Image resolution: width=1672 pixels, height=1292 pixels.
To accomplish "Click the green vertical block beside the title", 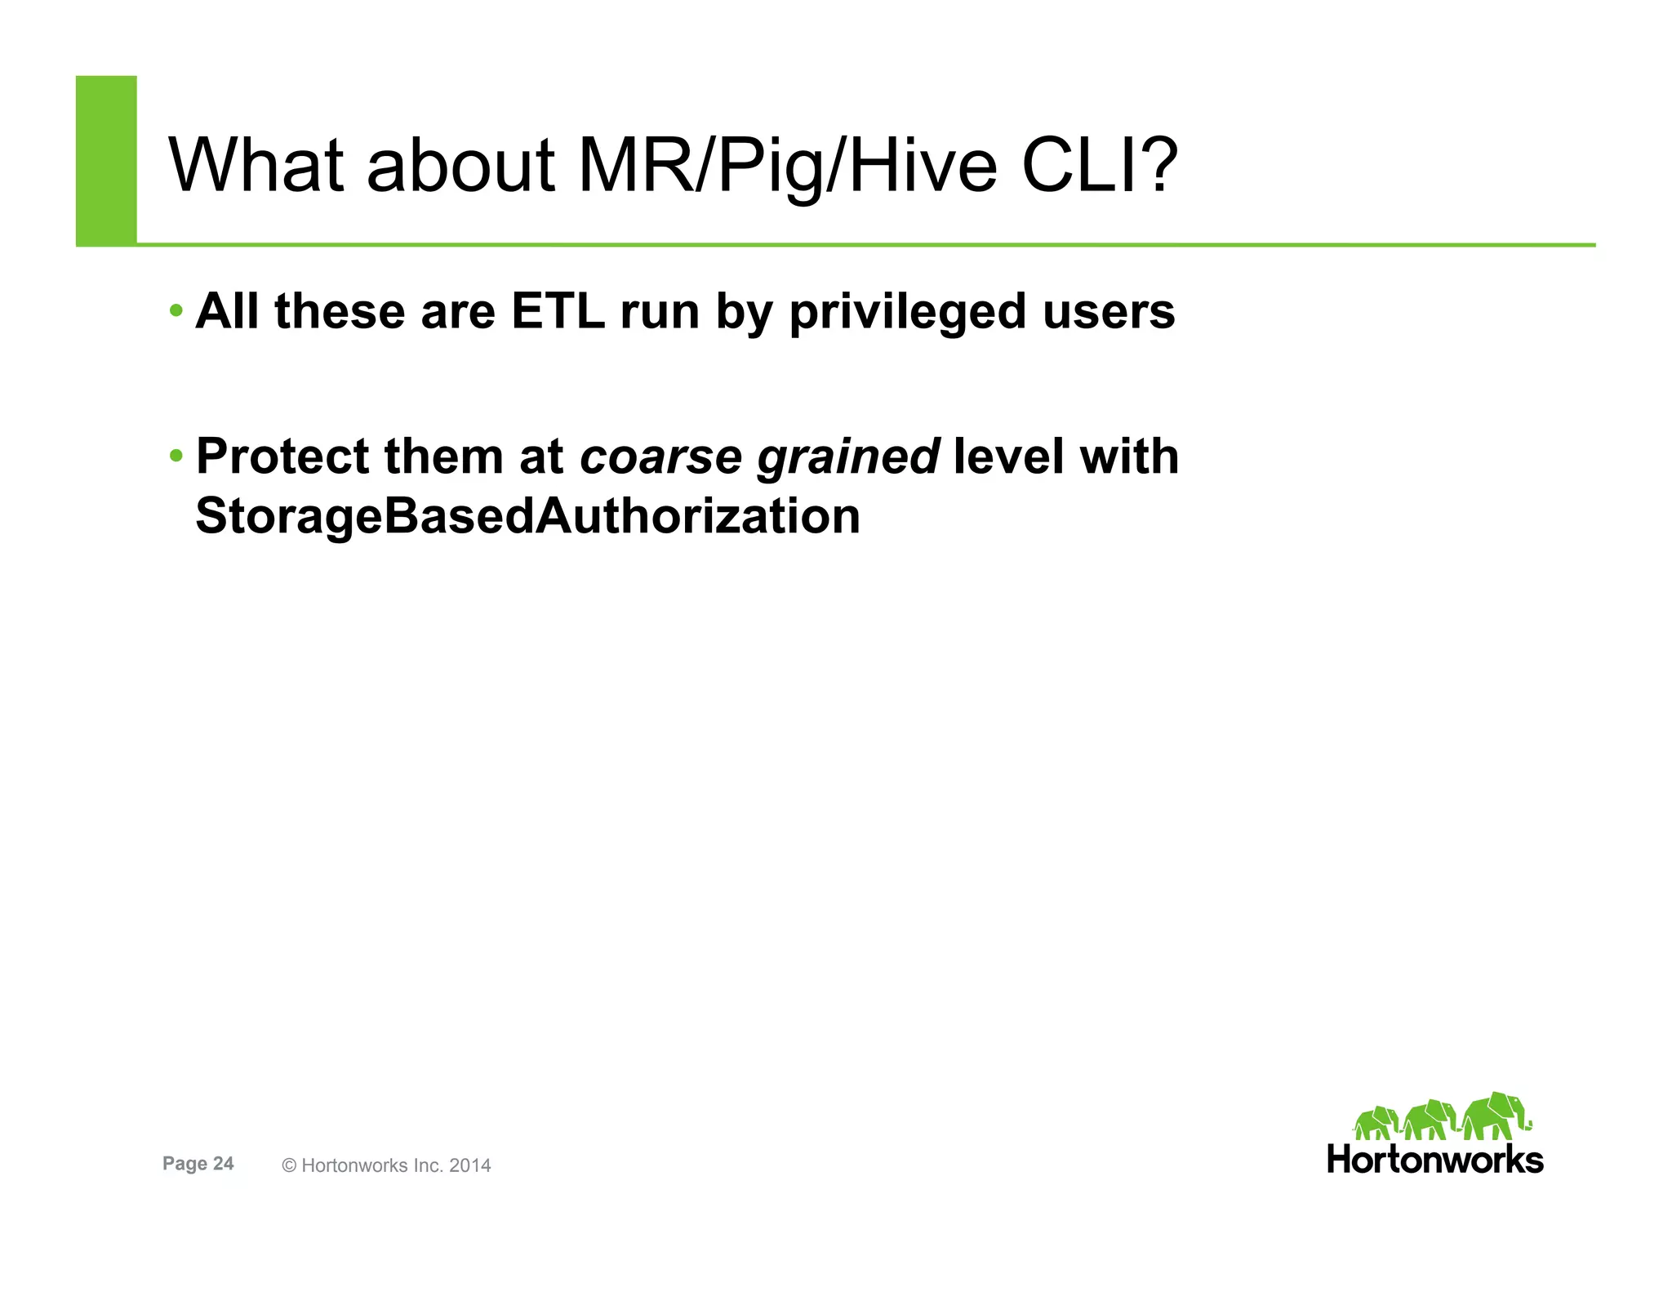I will click(x=106, y=160).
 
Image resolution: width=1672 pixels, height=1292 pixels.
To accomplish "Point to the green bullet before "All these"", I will click(x=176, y=311).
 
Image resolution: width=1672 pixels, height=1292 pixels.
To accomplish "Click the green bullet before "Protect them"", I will click(x=176, y=455).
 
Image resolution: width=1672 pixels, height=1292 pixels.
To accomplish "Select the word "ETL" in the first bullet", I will click(x=558, y=311).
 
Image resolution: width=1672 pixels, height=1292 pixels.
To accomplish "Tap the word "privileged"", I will click(x=907, y=313).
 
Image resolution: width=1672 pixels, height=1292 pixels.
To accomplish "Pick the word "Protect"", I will click(x=282, y=456).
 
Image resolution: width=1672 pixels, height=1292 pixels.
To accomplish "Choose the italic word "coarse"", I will click(x=660, y=456).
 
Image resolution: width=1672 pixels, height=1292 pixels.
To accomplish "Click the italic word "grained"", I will click(x=848, y=457).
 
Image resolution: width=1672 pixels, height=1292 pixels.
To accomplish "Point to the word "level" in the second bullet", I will click(x=1009, y=456).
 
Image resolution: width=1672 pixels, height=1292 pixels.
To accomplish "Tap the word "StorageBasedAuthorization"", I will click(x=528, y=516).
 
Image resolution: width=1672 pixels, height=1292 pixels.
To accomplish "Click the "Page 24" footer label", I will click(x=198, y=1164).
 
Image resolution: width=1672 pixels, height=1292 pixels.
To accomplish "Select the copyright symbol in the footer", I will click(x=289, y=1166).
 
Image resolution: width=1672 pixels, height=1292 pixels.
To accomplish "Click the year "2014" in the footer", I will click(x=469, y=1165).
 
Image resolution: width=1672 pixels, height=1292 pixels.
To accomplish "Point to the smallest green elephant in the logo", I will click(x=1376, y=1123).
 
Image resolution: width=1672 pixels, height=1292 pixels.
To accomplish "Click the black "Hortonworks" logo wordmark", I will click(x=1435, y=1160).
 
